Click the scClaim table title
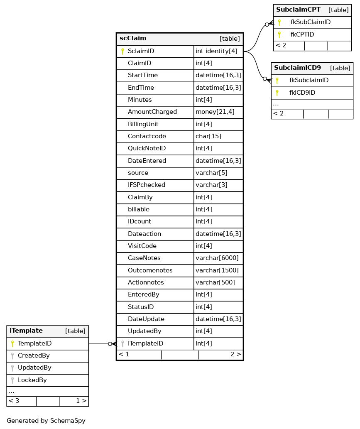pos(133,39)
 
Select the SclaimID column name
pos(141,51)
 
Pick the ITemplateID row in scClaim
pos(145,343)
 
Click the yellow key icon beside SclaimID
pos(122,51)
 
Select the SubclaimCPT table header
pos(298,10)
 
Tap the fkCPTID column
pos(302,34)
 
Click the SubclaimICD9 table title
pos(297,68)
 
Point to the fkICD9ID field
pos(302,93)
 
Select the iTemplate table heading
pos(26,331)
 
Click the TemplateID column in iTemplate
pos(34,343)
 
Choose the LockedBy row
pos(32,380)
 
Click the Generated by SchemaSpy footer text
pos(46,421)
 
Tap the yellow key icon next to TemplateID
pos(12,343)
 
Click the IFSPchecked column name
pos(147,185)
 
